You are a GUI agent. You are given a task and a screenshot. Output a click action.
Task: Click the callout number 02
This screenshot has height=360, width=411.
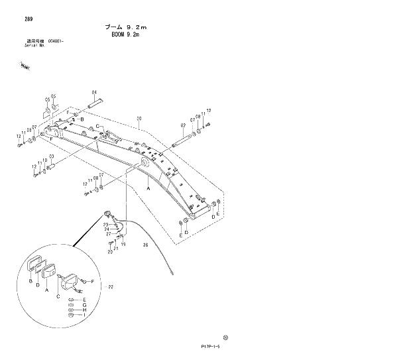183,125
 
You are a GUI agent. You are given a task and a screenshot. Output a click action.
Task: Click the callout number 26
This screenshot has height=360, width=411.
145,245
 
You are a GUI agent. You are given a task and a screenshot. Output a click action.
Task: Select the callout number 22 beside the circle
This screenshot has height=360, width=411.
111,287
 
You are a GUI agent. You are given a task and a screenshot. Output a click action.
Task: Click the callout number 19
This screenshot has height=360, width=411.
123,245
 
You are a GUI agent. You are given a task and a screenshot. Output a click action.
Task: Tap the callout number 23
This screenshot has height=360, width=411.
105,225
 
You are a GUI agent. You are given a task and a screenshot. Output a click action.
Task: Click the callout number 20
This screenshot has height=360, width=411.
109,252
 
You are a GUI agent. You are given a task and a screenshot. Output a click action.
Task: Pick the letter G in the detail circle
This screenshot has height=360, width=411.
84,305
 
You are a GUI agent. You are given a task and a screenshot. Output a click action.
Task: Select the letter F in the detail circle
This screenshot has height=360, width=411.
91,282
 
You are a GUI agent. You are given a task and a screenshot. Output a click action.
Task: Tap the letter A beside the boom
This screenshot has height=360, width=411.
148,188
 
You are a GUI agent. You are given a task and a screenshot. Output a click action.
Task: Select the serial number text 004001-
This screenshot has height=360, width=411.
56,42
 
